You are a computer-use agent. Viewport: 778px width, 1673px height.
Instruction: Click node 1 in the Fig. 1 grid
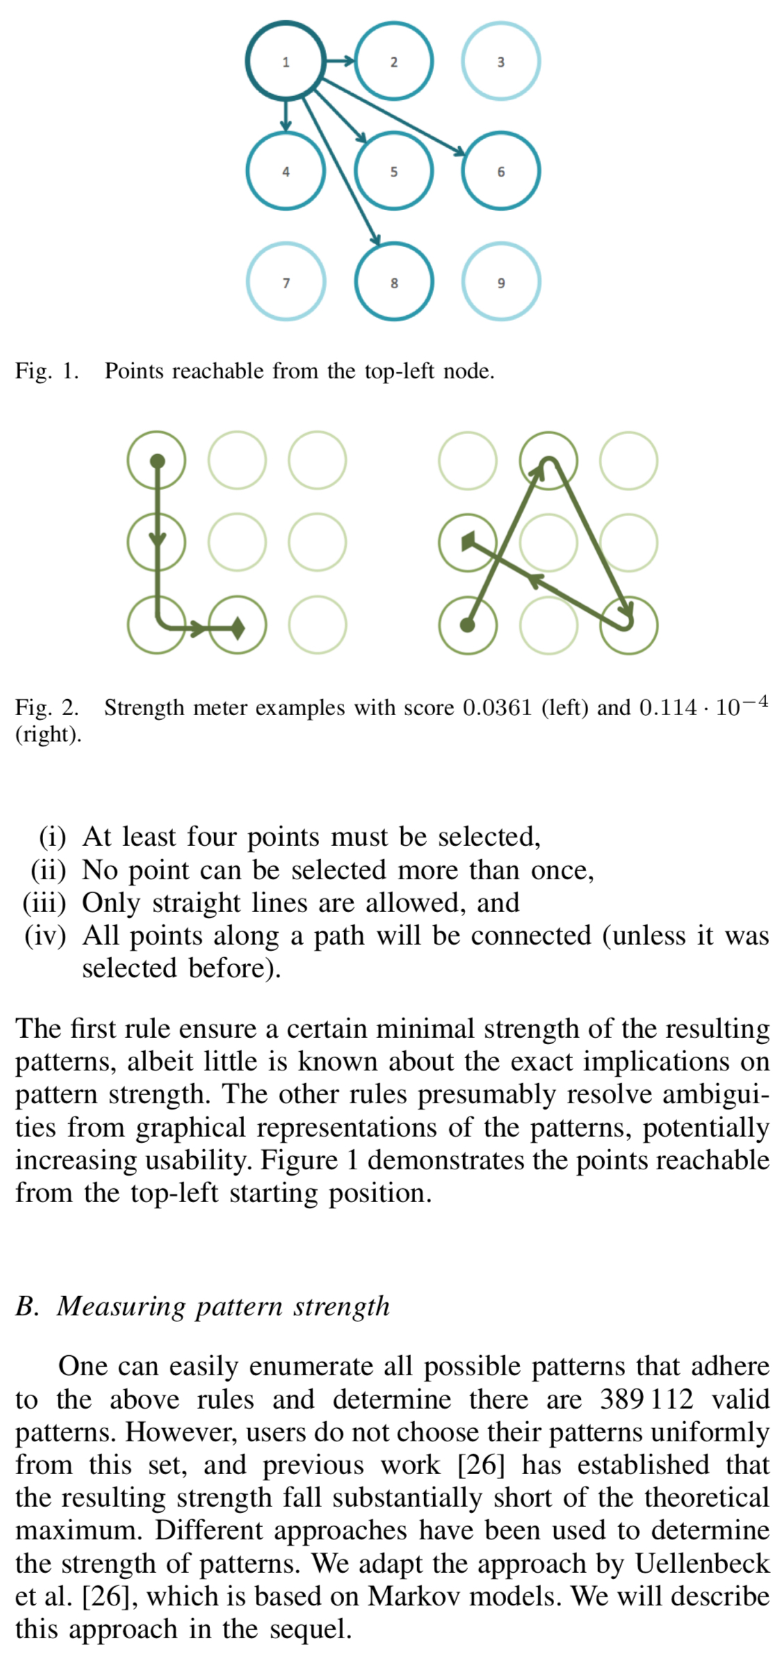click(286, 62)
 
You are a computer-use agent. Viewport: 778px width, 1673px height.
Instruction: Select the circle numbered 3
click(501, 62)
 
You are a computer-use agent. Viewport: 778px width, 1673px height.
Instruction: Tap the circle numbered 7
click(286, 282)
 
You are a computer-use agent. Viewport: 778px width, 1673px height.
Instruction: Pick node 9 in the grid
click(501, 282)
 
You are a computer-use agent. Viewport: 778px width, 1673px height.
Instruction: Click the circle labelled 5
click(394, 171)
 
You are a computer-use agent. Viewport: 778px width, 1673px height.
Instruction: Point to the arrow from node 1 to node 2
click(340, 61)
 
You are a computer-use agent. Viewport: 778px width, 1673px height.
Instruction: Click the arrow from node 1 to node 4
click(286, 115)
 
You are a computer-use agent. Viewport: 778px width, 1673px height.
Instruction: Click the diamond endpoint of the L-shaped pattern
click(238, 627)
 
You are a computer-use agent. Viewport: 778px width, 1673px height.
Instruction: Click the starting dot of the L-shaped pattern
click(158, 461)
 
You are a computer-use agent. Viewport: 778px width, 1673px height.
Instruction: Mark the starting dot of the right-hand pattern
click(468, 625)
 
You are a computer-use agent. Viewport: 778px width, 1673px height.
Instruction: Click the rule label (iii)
click(44, 903)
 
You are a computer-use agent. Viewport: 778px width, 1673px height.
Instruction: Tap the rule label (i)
click(52, 837)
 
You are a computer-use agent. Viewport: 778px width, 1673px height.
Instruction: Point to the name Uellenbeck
click(701, 1563)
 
